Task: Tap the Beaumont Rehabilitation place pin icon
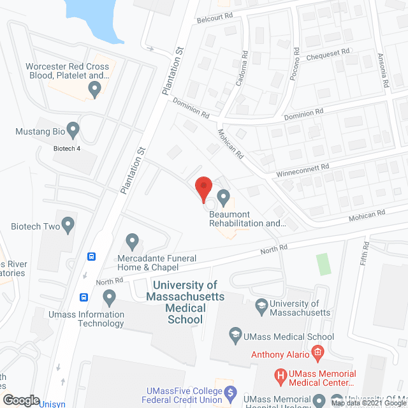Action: click(x=223, y=198)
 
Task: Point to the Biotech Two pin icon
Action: click(x=68, y=224)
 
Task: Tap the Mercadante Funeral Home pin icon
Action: click(x=133, y=241)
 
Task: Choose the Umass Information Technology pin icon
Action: click(x=109, y=297)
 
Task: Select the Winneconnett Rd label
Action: click(x=302, y=169)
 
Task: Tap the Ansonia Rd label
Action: click(x=384, y=70)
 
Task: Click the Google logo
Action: click(x=20, y=400)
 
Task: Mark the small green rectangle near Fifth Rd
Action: click(x=324, y=264)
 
